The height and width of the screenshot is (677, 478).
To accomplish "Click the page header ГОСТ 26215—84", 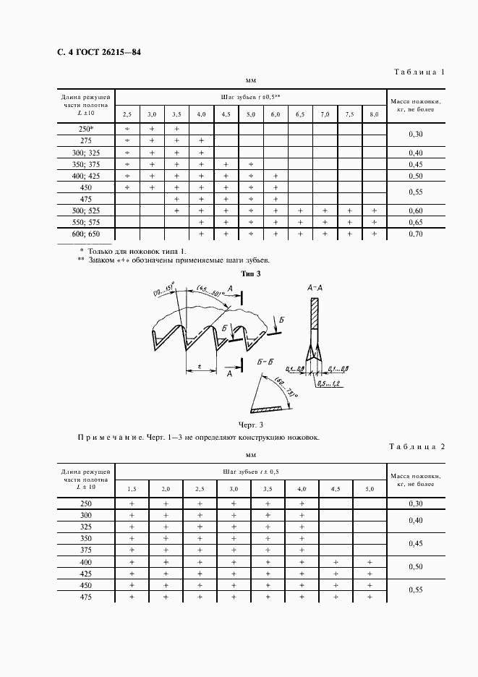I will (x=94, y=53).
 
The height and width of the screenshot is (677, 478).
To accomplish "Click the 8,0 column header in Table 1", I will (x=374, y=114).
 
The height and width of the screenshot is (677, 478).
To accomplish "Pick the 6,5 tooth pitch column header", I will (x=300, y=114).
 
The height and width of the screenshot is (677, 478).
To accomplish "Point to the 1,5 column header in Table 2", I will (x=132, y=489).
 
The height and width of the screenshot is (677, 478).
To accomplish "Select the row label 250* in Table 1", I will (x=86, y=129).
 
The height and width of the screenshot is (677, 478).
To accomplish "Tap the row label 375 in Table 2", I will (x=86, y=550).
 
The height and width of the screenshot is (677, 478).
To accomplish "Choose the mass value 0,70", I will (x=415, y=234).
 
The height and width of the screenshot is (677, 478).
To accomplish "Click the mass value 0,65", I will (x=415, y=222).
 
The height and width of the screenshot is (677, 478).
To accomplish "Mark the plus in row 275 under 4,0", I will (x=201, y=140).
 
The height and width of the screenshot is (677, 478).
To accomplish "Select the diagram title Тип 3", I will (x=249, y=273).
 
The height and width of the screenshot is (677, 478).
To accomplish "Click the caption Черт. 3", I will (x=249, y=425).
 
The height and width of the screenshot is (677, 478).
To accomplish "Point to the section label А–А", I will (x=315, y=287).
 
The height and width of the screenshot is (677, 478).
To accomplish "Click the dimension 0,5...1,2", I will (x=332, y=383).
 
